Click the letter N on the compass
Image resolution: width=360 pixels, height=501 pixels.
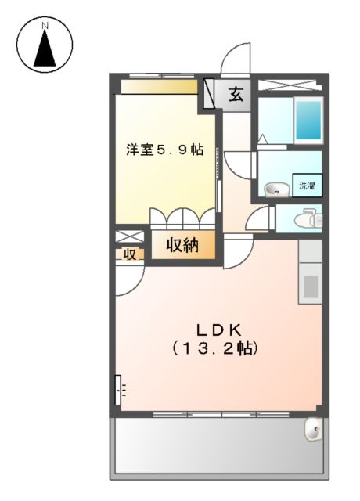point(45,25)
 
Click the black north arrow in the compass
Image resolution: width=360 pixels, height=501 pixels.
point(45,50)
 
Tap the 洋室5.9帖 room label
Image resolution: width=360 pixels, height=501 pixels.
point(165,150)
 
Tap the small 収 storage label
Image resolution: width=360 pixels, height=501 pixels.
point(128,254)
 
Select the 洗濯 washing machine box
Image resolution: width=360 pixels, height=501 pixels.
point(308,186)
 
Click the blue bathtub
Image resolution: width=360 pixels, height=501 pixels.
point(309,121)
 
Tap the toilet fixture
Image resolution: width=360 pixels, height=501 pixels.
point(309,218)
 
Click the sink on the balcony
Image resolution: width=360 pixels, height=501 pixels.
point(312,429)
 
